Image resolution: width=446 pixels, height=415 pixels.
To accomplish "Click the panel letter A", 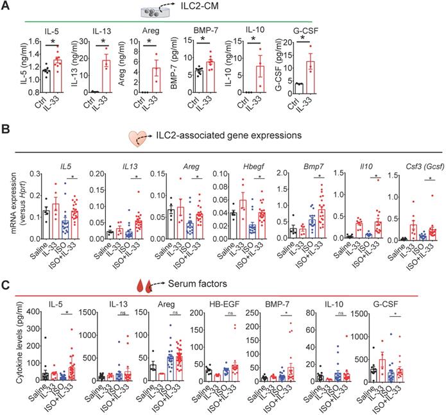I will pyautogui.click(x=6, y=6).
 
